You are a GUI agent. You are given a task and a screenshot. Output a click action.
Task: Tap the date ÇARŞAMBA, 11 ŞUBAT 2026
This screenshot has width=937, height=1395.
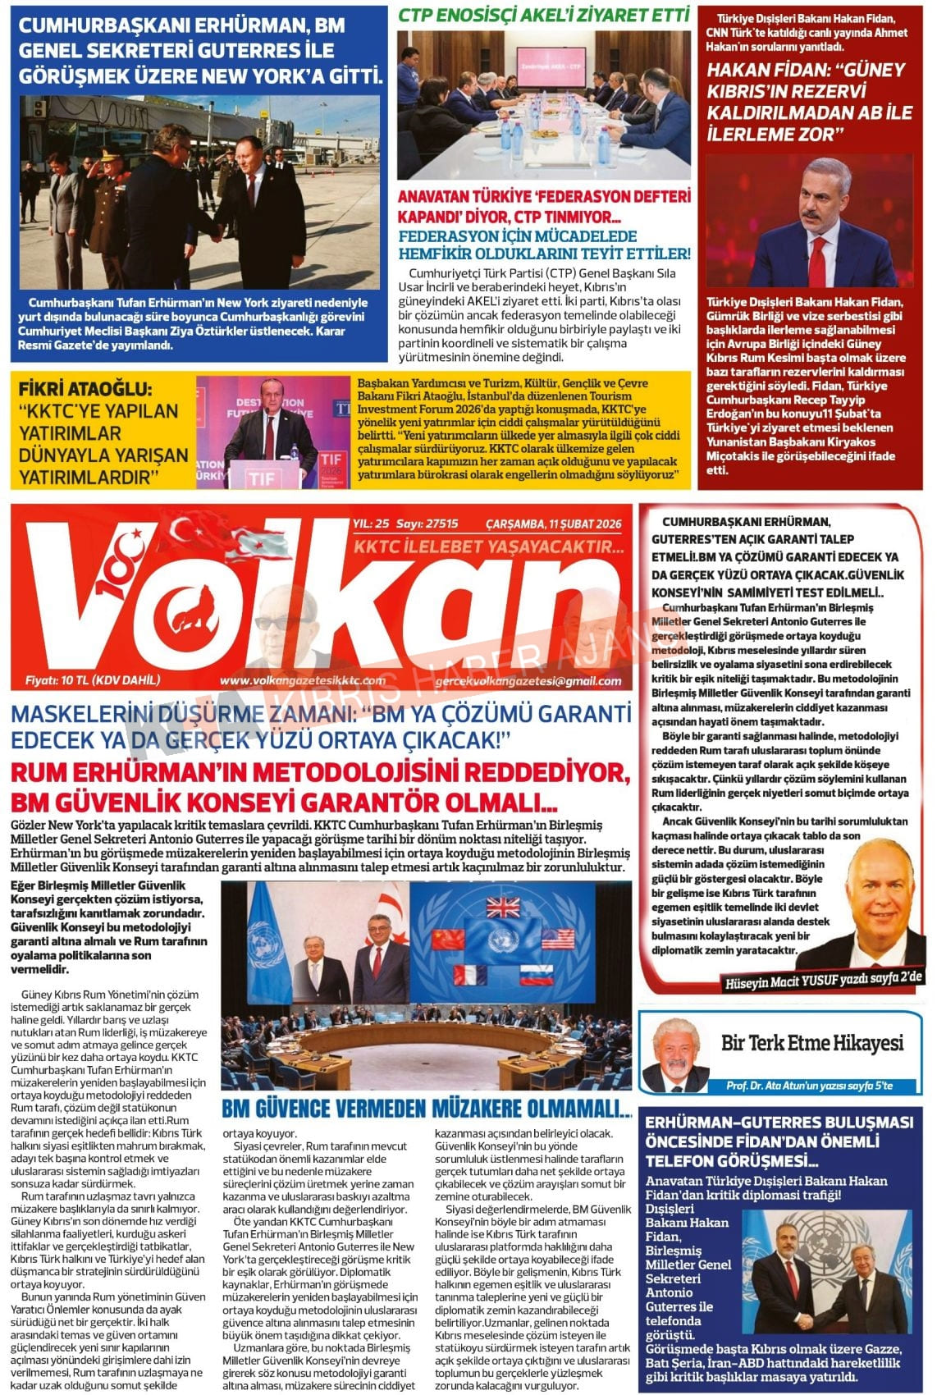553,524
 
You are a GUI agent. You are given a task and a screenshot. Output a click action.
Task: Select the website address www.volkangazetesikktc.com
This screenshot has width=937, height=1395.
302,680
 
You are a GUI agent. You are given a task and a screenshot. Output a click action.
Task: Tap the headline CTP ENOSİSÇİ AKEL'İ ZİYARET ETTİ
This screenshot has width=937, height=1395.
543,15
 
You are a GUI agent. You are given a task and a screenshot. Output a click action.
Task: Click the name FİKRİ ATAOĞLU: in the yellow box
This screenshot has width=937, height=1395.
85,389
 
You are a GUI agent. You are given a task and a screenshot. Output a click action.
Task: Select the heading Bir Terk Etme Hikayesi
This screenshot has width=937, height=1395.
811,1043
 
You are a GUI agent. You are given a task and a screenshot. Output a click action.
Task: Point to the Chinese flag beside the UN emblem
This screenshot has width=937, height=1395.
449,938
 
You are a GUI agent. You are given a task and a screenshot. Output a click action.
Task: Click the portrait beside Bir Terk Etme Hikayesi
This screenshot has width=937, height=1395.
676,1054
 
